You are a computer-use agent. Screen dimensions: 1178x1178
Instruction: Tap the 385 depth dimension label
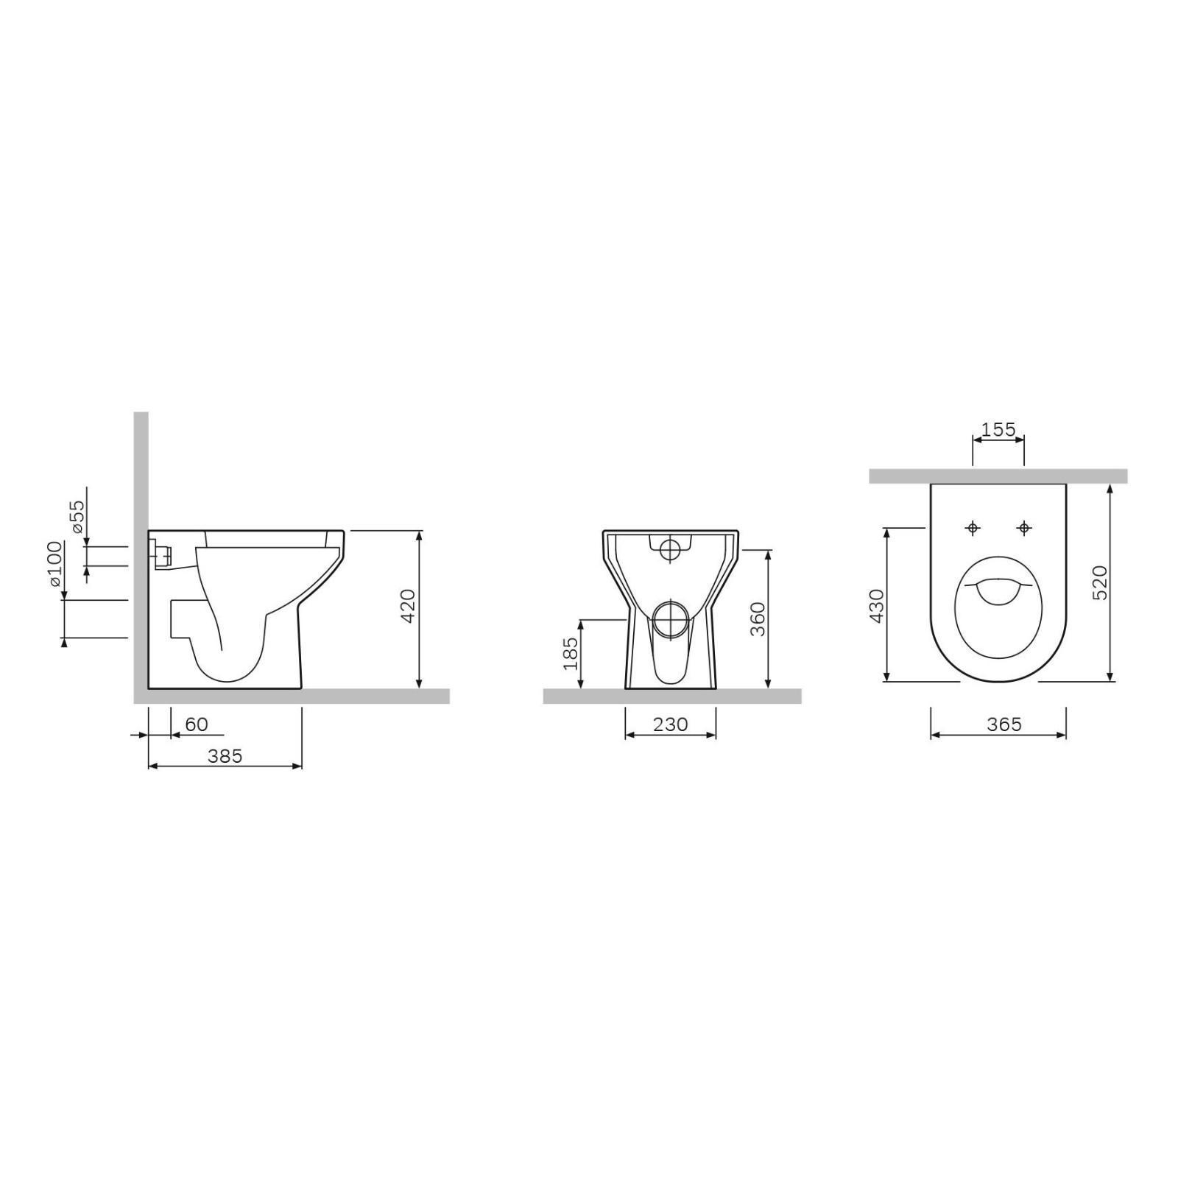tap(225, 756)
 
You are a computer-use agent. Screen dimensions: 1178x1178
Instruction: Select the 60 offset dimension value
tap(197, 724)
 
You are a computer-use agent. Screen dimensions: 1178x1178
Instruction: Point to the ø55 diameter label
tap(77, 520)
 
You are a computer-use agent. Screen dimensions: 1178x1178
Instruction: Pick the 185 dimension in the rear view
tap(571, 655)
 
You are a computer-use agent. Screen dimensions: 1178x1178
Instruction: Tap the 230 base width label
tap(671, 724)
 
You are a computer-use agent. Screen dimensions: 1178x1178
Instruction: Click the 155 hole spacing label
tap(998, 429)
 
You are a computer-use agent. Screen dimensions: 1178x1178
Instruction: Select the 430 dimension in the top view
tap(877, 606)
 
